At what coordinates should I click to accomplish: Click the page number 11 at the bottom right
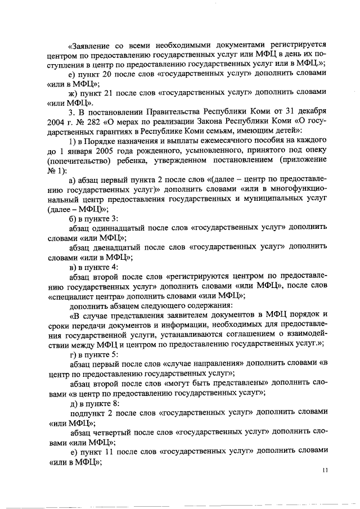click(x=325, y=470)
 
